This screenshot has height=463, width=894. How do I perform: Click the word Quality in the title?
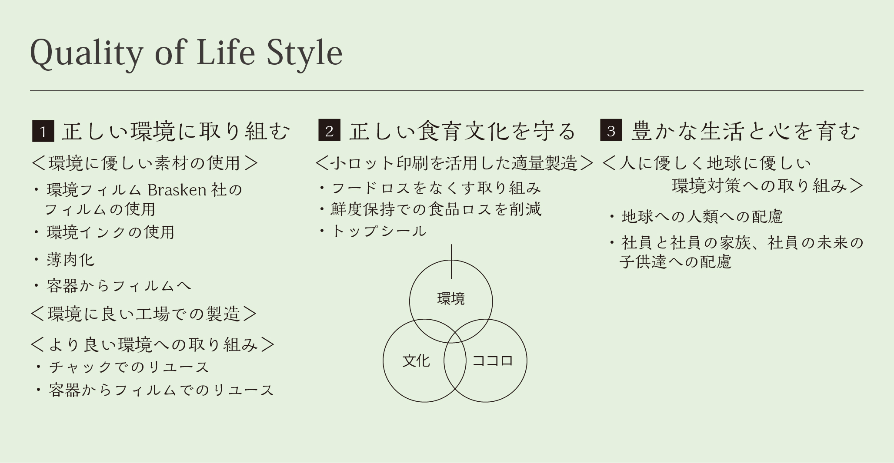pyautogui.click(x=86, y=54)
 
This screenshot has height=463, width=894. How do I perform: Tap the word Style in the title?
pyautogui.click(x=304, y=54)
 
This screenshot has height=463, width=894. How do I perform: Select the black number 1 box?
pyautogui.click(x=43, y=131)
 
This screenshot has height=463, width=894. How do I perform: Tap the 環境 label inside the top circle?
pyautogui.click(x=451, y=298)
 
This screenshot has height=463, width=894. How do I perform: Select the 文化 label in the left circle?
pyautogui.click(x=416, y=360)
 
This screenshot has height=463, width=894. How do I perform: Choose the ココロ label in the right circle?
pyautogui.click(x=492, y=360)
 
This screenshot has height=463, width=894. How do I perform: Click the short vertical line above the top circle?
pyautogui.click(x=451, y=261)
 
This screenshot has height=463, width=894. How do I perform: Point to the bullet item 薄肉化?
pyautogui.click(x=70, y=260)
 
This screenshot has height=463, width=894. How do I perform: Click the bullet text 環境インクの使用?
pyautogui.click(x=110, y=232)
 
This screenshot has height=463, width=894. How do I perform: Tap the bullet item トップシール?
pyautogui.click(x=379, y=231)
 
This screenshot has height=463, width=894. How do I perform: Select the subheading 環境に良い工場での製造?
pyautogui.click(x=144, y=314)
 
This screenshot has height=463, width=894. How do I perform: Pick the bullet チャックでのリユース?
pyautogui.click(x=129, y=367)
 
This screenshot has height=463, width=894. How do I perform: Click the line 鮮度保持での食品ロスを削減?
pyautogui.click(x=436, y=209)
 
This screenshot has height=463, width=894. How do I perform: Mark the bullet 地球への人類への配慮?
pyautogui.click(x=702, y=216)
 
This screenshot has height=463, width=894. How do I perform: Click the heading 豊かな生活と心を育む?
pyautogui.click(x=745, y=131)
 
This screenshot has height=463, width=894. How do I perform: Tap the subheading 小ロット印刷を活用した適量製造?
pyautogui.click(x=454, y=163)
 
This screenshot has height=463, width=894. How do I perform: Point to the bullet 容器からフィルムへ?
pyautogui.click(x=119, y=286)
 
